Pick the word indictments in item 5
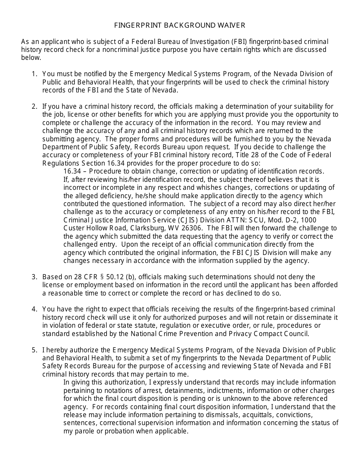coord(219,390)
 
